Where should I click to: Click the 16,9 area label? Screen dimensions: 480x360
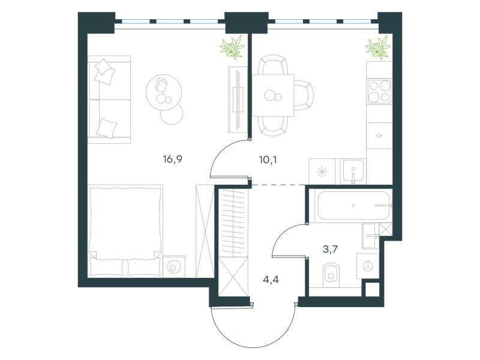(173, 159)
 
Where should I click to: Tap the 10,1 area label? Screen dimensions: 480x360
(268, 160)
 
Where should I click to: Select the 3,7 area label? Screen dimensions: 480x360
(331, 249)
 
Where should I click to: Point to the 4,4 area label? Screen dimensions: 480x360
(271, 280)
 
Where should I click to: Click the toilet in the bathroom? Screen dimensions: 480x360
(331, 275)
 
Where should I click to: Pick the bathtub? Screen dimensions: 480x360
(354, 205)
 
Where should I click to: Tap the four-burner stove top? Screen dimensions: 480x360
(380, 91)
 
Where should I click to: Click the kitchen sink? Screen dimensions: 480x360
(353, 171)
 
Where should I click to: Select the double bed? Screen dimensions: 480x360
(125, 230)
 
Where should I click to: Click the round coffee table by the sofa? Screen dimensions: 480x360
(164, 92)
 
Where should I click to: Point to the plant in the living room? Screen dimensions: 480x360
(232, 47)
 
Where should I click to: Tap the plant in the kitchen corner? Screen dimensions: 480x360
(378, 47)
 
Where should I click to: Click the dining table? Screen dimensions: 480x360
(273, 95)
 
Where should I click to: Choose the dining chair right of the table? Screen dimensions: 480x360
(304, 95)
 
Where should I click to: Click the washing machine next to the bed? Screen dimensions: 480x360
(174, 266)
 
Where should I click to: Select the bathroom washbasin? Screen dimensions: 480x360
(370, 236)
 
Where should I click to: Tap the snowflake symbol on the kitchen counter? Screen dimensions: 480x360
(322, 172)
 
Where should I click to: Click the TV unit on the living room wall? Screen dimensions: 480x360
(238, 100)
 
